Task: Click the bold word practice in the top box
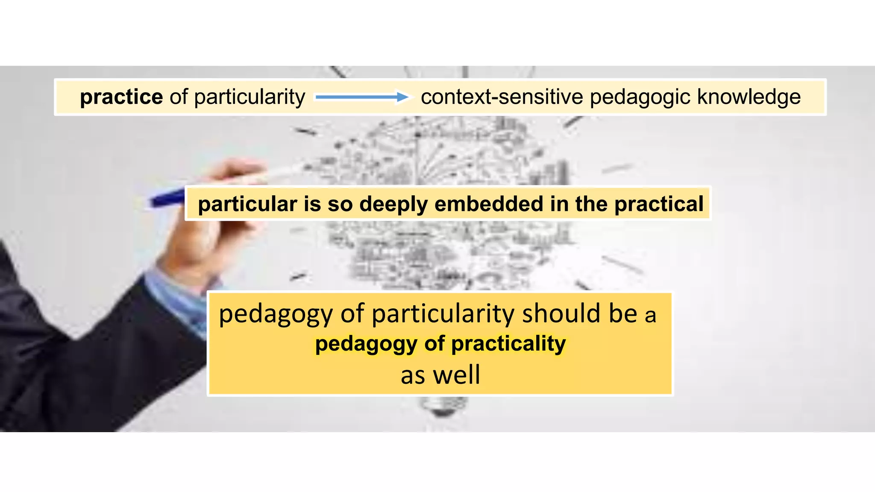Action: pos(121,97)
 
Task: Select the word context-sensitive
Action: pos(502,97)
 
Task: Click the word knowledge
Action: pos(749,97)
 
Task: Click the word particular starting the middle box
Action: pos(247,205)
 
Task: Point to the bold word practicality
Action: pos(508,344)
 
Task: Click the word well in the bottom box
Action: pos(457,375)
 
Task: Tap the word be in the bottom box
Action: pos(623,314)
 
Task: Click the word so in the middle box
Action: pos(340,205)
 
